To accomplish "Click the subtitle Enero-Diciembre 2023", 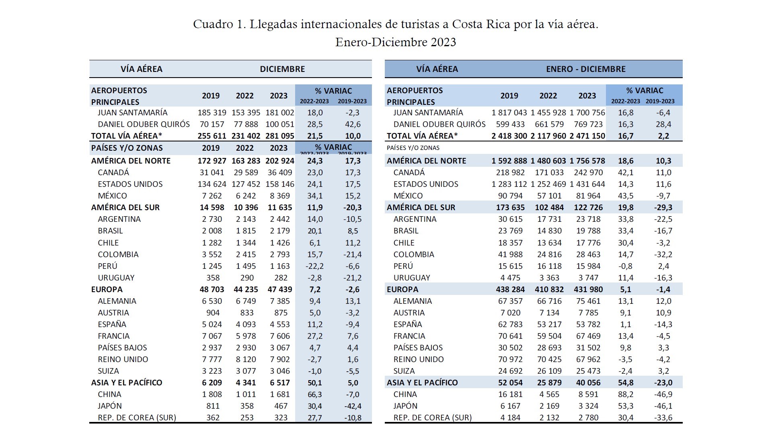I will (x=396, y=42).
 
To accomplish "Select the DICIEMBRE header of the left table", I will (x=282, y=69).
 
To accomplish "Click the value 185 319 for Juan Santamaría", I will (x=212, y=113).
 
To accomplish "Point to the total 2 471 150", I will (x=587, y=136).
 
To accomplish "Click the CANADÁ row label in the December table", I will (x=113, y=173).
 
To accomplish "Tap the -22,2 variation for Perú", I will (x=314, y=266).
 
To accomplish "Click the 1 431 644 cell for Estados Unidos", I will (x=587, y=184).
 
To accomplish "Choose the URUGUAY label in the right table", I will (x=412, y=278).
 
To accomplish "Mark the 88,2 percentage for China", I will (x=625, y=395).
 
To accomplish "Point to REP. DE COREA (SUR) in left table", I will (x=137, y=418).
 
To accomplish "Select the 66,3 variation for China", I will (x=314, y=395).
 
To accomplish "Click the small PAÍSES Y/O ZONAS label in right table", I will (x=413, y=148).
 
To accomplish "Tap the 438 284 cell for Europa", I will (x=510, y=290).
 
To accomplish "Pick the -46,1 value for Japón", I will (x=663, y=406).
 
